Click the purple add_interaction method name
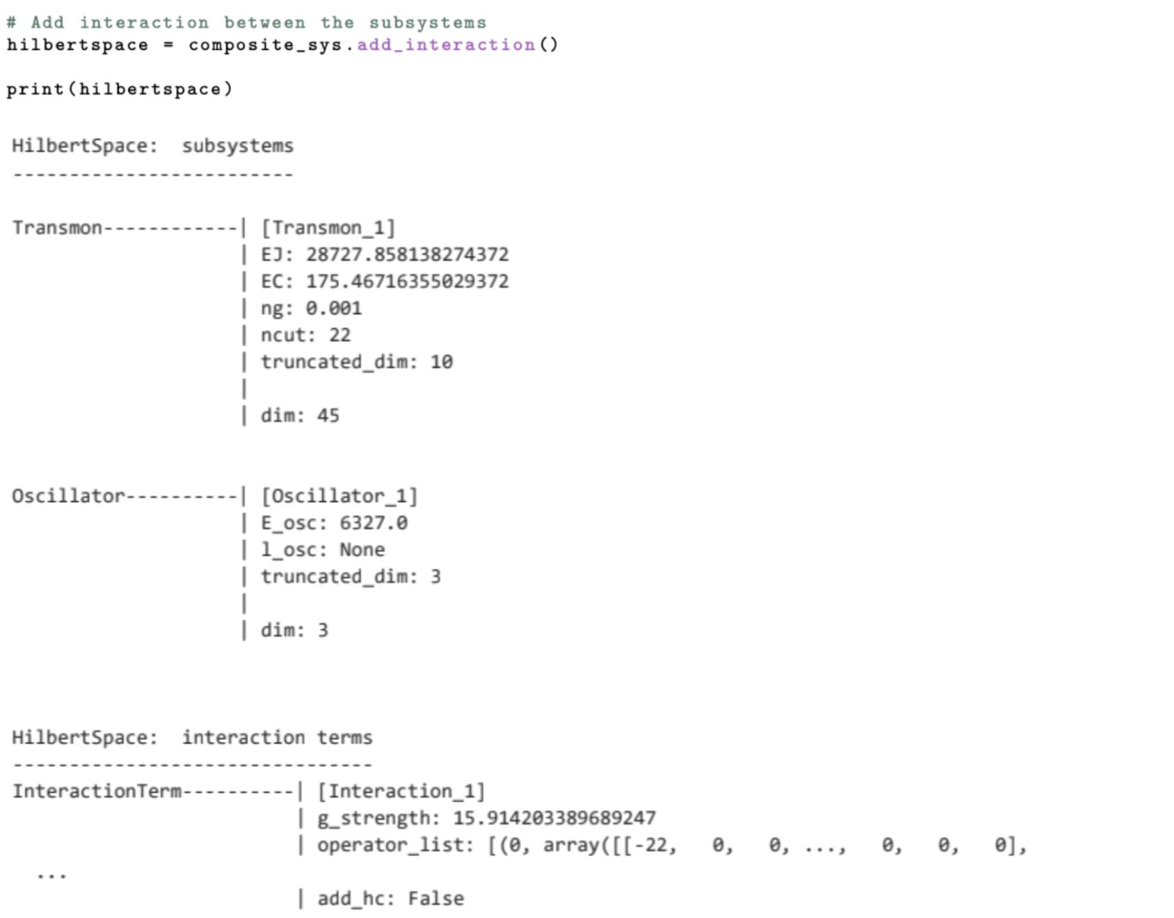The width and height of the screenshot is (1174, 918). [446, 45]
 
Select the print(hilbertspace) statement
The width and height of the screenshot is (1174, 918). [120, 89]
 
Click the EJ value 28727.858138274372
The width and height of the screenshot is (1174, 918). [407, 255]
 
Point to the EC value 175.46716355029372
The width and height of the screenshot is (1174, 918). [407, 282]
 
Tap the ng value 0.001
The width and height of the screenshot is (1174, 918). [333, 308]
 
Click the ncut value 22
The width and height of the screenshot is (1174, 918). [339, 335]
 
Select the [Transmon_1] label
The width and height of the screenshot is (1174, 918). [328, 228]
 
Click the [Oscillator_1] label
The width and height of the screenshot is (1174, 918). [339, 497]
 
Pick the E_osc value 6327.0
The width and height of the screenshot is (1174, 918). [373, 523]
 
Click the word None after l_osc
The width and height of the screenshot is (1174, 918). [362, 550]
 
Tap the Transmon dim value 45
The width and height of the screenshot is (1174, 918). [328, 416]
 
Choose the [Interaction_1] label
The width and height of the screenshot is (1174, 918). [401, 791]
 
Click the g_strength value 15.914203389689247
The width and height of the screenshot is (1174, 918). [554, 818]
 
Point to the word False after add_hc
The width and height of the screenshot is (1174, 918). [435, 899]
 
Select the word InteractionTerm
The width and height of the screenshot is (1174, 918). [97, 791]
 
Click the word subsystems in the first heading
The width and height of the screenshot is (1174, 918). [238, 146]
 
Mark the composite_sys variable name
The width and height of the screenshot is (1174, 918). [265, 45]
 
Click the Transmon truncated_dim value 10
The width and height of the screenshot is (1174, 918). [441, 362]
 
